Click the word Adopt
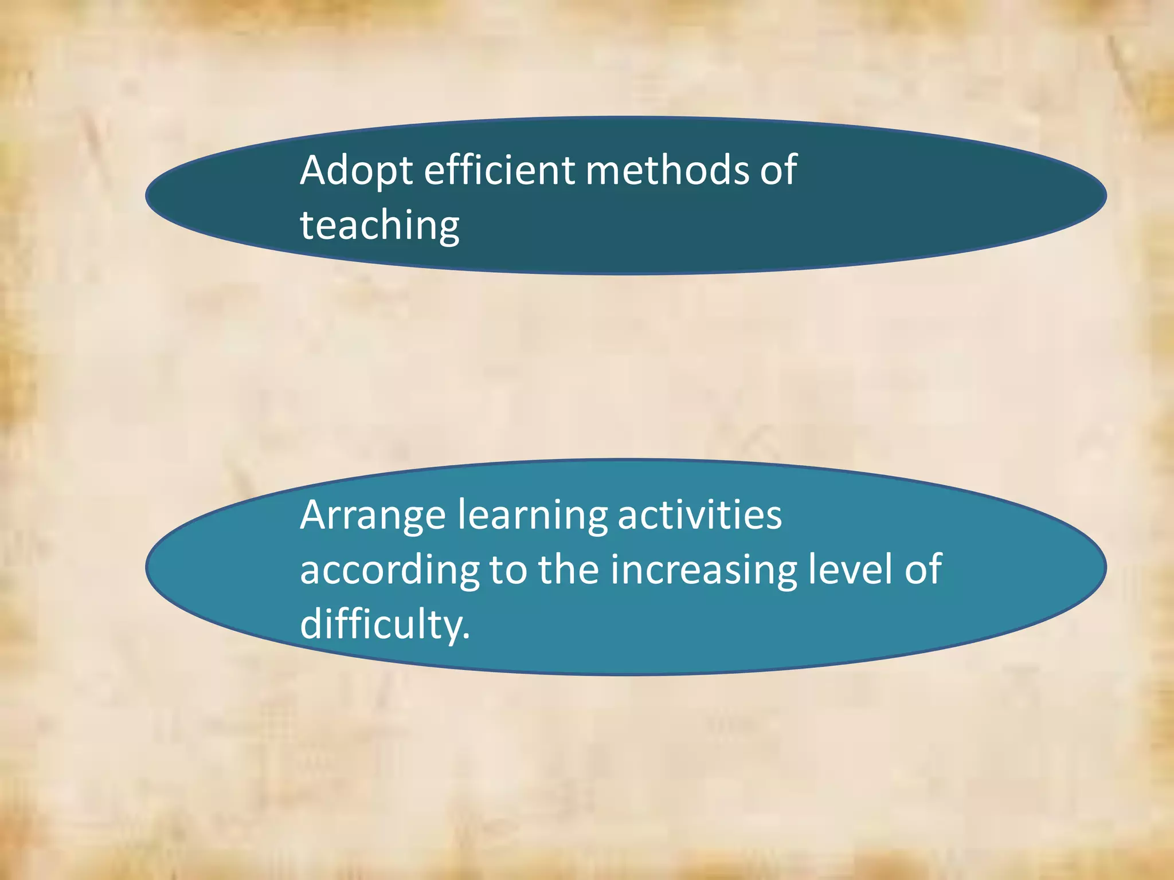coord(356,171)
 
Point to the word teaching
coord(379,225)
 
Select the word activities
coord(699,514)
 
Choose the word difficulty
coord(380,624)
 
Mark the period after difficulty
coord(466,637)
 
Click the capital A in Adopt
coord(316,170)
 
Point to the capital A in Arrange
coord(316,514)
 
